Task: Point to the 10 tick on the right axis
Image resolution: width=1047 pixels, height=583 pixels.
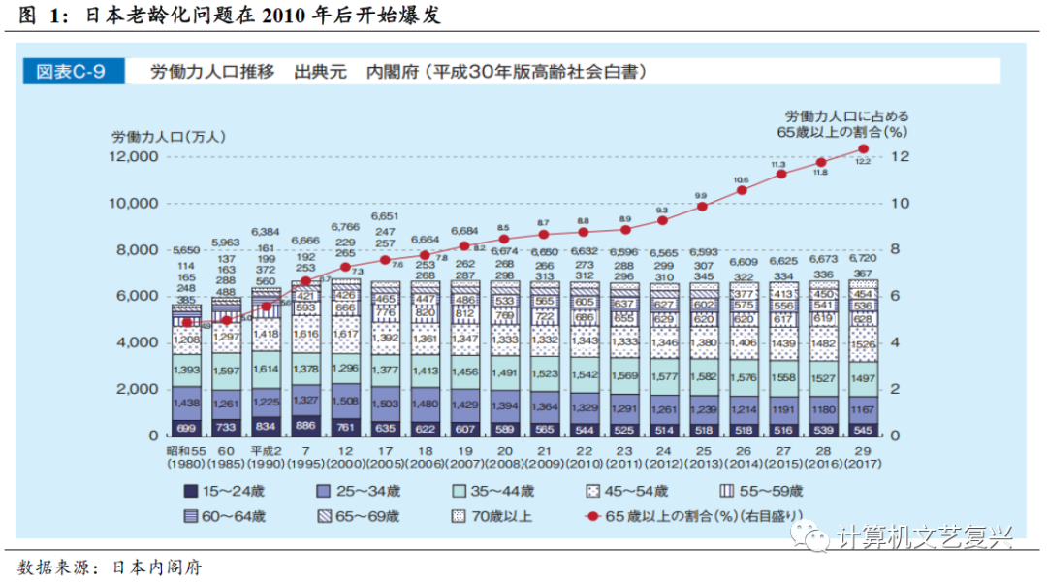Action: [x=901, y=203]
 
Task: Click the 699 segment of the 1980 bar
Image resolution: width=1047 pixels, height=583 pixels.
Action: [x=186, y=427]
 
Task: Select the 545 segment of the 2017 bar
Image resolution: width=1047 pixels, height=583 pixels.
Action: [x=863, y=427]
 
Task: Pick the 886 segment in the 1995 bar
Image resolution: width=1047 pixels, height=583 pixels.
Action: [x=305, y=425]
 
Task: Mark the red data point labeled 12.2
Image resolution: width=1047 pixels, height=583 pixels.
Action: [x=863, y=148]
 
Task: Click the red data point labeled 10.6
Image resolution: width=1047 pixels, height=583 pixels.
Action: [x=743, y=190]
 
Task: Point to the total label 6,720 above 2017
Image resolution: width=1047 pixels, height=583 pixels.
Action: [x=863, y=259]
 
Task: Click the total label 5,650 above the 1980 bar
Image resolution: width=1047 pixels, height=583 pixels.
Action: [x=186, y=249]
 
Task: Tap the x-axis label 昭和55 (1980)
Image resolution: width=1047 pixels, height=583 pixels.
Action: [x=186, y=455]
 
